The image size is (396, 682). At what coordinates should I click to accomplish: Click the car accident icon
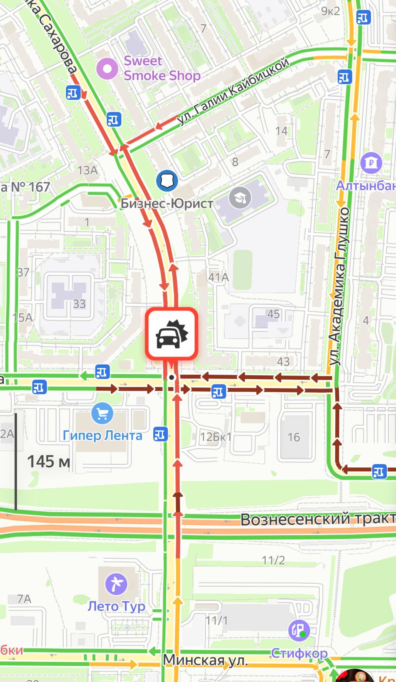click(172, 334)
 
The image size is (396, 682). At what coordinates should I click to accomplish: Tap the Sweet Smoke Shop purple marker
click(107, 69)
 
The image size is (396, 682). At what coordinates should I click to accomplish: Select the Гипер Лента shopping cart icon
click(102, 413)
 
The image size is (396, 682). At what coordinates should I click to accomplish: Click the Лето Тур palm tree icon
click(116, 584)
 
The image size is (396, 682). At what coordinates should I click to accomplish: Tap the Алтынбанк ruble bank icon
click(371, 163)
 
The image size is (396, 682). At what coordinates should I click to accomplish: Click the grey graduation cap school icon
click(240, 198)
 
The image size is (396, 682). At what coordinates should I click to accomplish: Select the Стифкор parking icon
click(299, 630)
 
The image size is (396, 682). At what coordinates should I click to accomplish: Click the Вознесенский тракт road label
click(318, 519)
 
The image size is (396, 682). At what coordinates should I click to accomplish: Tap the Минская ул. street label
click(205, 661)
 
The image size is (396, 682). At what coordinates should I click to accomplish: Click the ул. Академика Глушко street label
click(339, 287)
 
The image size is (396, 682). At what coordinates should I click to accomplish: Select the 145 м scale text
click(49, 461)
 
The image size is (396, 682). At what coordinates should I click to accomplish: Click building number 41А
click(218, 277)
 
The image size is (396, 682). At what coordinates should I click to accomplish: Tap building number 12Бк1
click(216, 437)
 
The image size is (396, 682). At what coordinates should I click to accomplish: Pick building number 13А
click(87, 171)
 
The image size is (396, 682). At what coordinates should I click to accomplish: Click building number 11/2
click(273, 560)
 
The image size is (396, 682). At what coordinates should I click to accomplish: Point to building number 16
click(294, 437)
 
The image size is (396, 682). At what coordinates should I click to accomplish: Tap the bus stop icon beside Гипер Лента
click(160, 435)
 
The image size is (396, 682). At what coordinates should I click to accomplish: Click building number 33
click(79, 304)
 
